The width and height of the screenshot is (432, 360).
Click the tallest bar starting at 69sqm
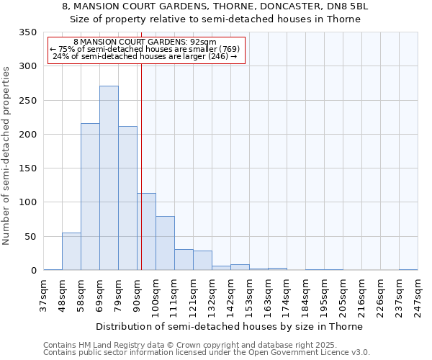click(x=109, y=178)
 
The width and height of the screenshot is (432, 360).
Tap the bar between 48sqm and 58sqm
click(x=71, y=251)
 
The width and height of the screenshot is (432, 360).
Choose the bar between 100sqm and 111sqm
click(x=165, y=243)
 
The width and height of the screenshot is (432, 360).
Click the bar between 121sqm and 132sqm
click(x=202, y=261)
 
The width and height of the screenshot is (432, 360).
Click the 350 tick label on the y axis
click(x=27, y=32)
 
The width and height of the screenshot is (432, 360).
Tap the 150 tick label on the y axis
click(x=27, y=168)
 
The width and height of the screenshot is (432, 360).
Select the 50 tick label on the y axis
click(x=30, y=237)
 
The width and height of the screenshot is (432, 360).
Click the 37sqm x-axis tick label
click(x=44, y=296)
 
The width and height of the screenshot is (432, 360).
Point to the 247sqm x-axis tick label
click(x=418, y=296)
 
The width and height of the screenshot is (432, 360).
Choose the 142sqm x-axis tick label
click(x=231, y=296)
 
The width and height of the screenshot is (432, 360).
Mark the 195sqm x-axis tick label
click(x=325, y=296)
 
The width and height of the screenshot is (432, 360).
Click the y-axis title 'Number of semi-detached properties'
click(x=6, y=155)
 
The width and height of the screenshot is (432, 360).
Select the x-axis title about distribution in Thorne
click(x=230, y=326)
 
